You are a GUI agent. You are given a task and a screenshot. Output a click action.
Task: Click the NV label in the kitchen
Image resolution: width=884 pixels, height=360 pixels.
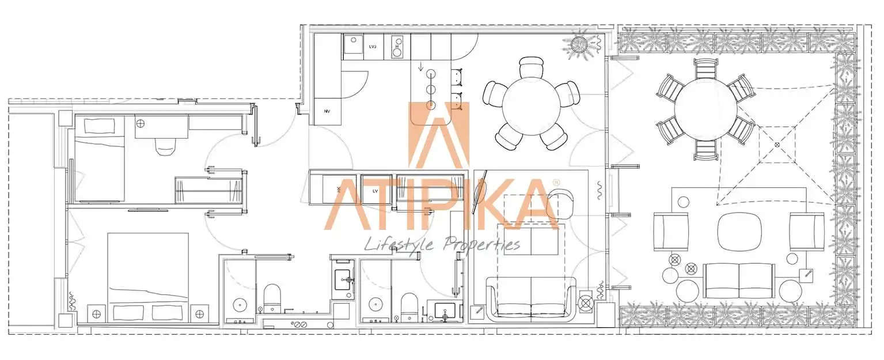pyautogui.click(x=327, y=111)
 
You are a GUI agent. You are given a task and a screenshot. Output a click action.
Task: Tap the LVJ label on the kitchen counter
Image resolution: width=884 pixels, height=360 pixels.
pyautogui.click(x=373, y=47)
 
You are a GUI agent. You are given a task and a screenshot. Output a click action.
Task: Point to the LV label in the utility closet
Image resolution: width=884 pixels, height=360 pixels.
pyautogui.click(x=375, y=191)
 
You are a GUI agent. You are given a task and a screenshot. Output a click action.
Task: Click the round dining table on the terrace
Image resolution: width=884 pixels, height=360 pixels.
pyautogui.click(x=706, y=109)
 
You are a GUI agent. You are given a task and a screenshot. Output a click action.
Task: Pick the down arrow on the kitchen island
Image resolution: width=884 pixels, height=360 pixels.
pyautogui.click(x=420, y=66)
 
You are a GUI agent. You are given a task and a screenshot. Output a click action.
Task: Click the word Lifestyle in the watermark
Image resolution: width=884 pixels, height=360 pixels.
pyautogui.click(x=399, y=245)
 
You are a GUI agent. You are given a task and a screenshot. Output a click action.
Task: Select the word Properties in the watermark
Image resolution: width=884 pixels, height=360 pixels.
pyautogui.click(x=481, y=245)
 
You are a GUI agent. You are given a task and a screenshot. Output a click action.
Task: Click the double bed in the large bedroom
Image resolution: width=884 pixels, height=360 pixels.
pyautogui.click(x=148, y=277)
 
